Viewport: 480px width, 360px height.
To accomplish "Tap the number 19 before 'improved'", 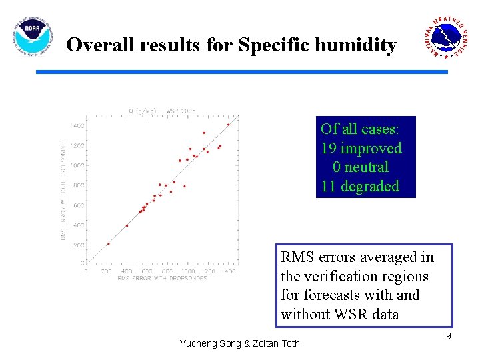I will [329, 148].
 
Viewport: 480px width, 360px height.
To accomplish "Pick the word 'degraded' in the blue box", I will [370, 187].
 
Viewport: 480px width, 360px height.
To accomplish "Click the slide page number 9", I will [449, 336].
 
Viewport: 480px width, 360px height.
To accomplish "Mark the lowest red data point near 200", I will [109, 243].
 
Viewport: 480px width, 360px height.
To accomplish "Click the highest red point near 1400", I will [228, 124].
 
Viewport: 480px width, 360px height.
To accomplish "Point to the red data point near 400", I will [127, 225].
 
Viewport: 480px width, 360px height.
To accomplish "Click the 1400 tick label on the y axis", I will [78, 125].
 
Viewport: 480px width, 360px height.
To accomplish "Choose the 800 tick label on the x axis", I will [167, 271].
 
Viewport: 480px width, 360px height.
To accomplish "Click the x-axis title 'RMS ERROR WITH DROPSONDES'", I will [162, 278].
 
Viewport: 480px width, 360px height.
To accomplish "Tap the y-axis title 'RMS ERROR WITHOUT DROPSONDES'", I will [64, 190].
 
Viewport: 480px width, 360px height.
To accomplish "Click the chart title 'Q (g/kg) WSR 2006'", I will [162, 111].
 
